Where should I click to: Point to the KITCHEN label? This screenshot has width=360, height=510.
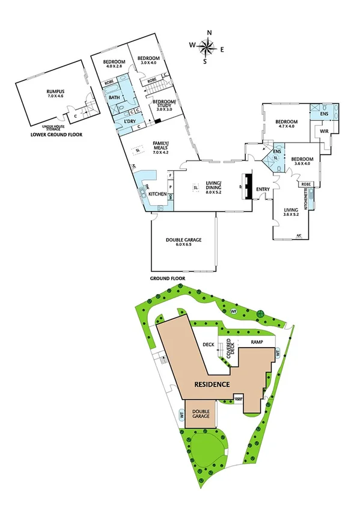(157, 194)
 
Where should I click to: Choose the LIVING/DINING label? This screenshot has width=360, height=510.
(215, 186)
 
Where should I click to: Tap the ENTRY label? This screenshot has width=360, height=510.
(263, 190)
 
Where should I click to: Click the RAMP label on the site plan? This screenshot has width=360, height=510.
(257, 342)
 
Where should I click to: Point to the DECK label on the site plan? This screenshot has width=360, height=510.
(209, 345)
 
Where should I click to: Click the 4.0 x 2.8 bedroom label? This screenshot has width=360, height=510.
(114, 64)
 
